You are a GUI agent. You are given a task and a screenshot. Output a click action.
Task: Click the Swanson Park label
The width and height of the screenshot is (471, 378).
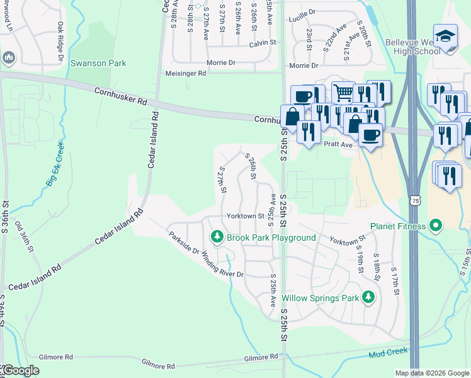point(98,63)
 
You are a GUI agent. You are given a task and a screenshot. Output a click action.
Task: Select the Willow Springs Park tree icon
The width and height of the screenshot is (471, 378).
point(369,297)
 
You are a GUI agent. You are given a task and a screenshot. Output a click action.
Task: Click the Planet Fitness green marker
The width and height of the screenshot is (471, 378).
point(435,226)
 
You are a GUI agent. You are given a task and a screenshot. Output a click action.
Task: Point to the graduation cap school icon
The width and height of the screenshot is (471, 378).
point(445,37)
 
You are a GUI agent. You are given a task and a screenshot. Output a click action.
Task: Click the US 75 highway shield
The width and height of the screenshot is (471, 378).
point(414,200)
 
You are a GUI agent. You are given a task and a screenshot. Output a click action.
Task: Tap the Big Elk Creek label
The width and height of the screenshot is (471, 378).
point(55,164)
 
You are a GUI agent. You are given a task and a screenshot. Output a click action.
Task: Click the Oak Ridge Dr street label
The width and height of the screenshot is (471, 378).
point(61,42)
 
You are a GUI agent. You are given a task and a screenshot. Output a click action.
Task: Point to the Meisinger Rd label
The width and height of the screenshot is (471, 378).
point(185,73)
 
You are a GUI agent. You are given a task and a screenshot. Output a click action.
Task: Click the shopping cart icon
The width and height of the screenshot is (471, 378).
point(343,93)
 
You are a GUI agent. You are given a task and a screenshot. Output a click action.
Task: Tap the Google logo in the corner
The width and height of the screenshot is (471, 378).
point(20,370)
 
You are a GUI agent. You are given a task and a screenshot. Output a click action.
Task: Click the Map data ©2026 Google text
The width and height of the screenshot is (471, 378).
point(431,373)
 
